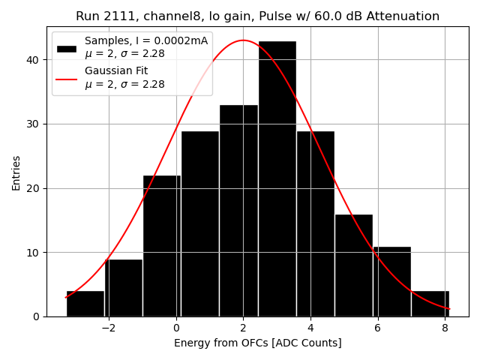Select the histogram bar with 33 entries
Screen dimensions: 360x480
tap(238, 211)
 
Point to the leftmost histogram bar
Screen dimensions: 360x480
tap(85, 304)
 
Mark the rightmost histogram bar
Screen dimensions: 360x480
tap(430, 304)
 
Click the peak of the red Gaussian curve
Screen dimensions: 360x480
tap(243, 40)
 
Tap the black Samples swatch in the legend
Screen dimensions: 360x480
tap(67, 47)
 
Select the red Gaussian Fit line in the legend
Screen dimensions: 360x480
tap(67, 77)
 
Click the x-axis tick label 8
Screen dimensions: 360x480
tap(444, 328)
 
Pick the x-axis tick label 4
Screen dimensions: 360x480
tap(310, 328)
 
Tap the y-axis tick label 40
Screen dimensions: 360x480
tap(34, 60)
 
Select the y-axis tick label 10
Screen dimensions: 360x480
tap(34, 253)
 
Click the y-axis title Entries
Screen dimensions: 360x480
tap(16, 172)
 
